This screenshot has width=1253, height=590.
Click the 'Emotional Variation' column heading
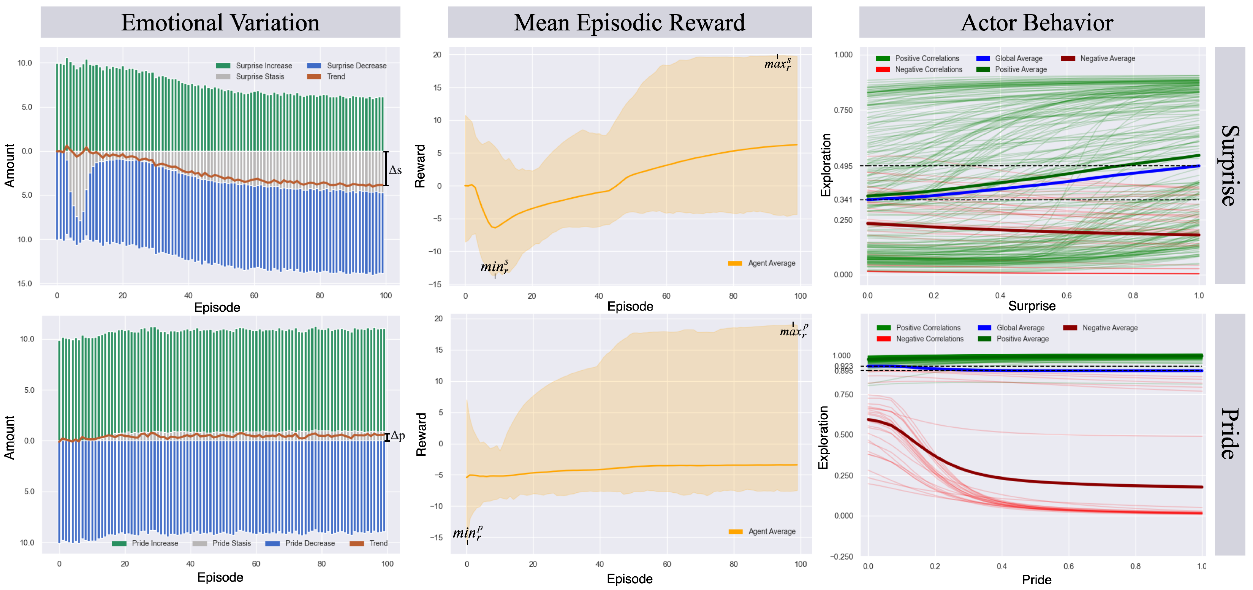(220, 22)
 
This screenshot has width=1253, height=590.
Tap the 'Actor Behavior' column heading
(1036, 22)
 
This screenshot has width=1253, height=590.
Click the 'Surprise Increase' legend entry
(263, 66)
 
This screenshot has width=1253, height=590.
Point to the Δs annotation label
(395, 170)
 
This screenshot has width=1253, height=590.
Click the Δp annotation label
(397, 435)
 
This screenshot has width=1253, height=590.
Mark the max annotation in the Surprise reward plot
(777, 63)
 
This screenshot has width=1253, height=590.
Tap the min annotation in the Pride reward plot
(467, 533)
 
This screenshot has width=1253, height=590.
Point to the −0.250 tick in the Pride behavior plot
(841, 557)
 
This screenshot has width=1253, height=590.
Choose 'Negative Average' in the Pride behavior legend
(1109, 328)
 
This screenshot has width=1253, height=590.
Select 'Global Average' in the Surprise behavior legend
(1018, 59)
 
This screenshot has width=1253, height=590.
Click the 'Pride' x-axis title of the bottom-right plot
(1036, 580)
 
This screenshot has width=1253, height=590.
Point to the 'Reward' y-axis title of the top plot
(420, 166)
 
